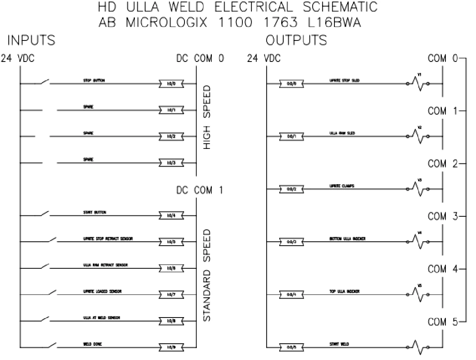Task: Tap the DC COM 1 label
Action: (x=200, y=191)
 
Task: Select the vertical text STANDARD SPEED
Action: (x=207, y=275)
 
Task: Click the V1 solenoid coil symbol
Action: (x=417, y=83)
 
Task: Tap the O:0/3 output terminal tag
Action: (x=291, y=242)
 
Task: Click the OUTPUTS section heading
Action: (x=296, y=40)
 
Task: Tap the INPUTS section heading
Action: (x=31, y=40)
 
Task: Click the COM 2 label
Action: (x=443, y=164)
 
